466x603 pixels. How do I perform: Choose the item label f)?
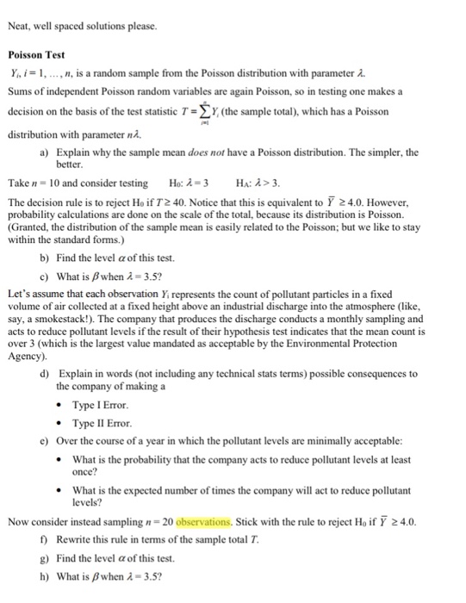pyautogui.click(x=44, y=540)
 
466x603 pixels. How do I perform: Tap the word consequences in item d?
pyautogui.click(x=379, y=374)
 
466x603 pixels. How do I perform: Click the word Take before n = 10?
pyautogui.click(x=19, y=183)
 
